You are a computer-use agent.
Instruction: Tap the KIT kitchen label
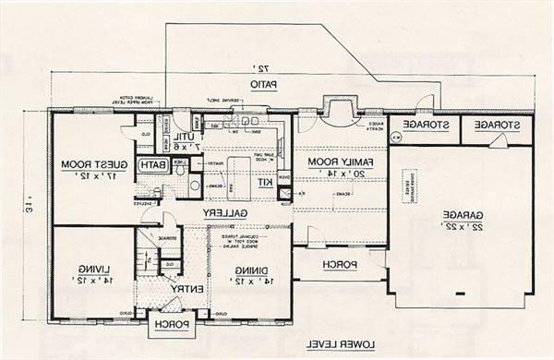[x=264, y=182]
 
